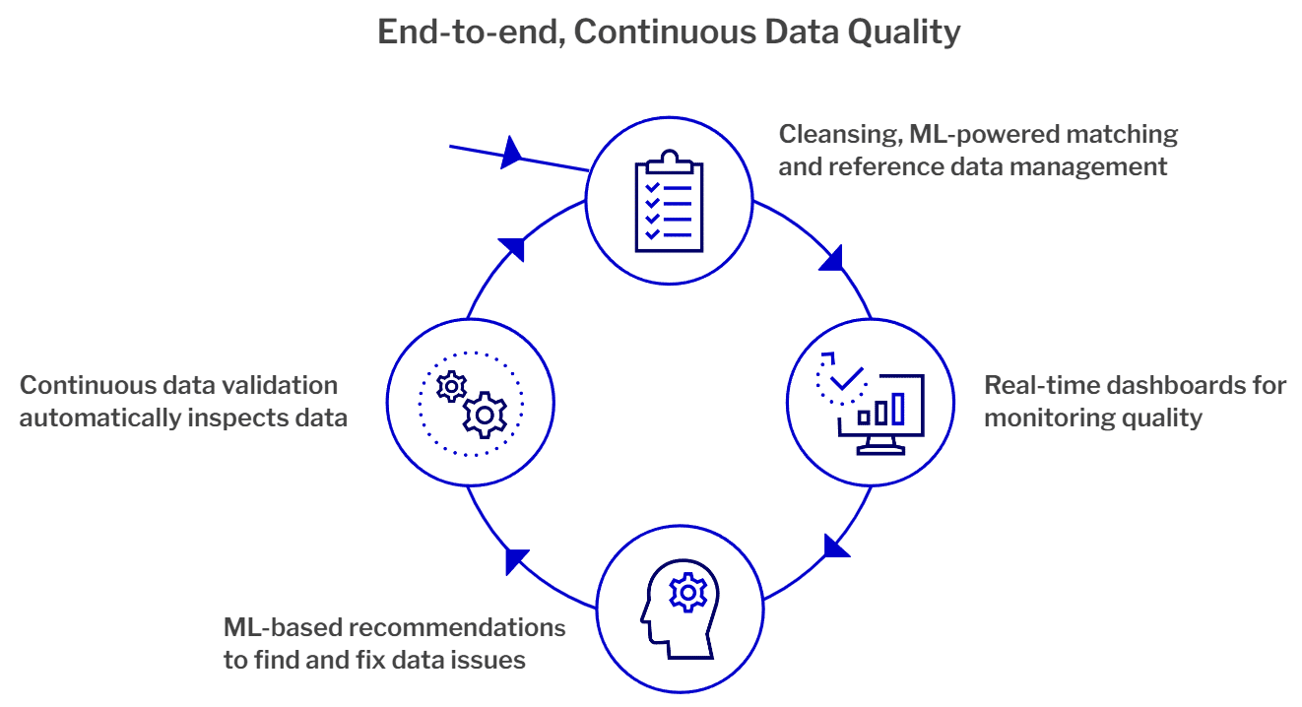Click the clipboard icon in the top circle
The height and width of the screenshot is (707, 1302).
[x=669, y=202]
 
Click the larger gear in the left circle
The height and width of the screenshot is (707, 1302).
[x=484, y=415]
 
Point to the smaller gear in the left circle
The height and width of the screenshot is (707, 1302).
[x=451, y=385]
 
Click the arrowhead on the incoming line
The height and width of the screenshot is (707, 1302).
[x=511, y=153]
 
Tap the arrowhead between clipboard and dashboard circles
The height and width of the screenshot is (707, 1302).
[x=832, y=259]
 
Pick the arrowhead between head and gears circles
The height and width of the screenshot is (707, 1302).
[x=516, y=560]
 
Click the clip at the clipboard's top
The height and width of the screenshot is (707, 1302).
[x=669, y=158]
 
